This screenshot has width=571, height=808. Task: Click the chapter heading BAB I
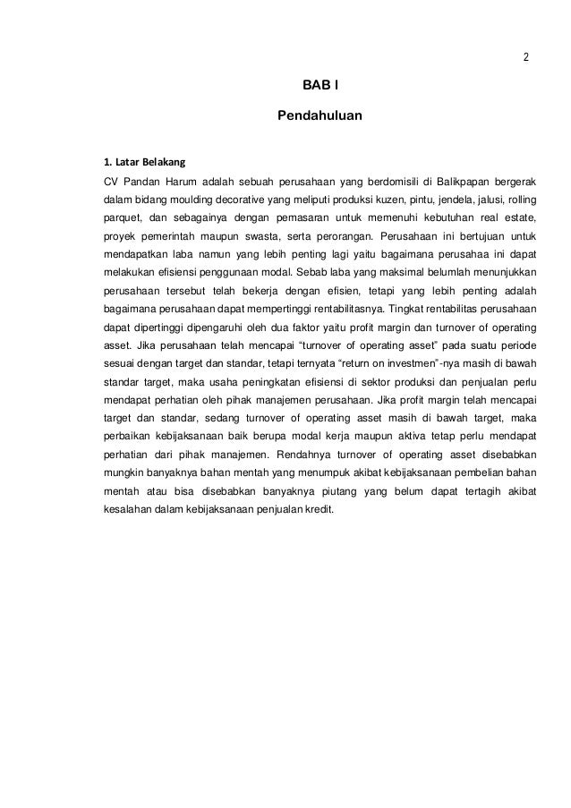(x=320, y=86)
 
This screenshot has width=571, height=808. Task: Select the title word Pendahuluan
(x=320, y=115)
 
